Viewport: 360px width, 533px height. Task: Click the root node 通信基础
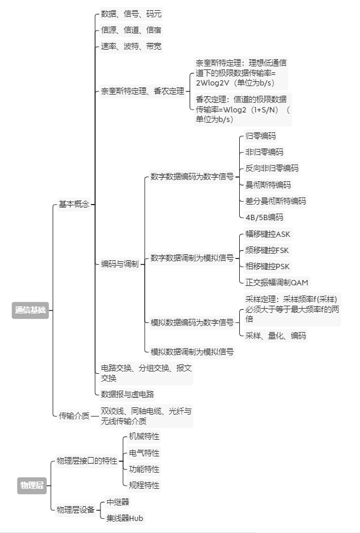pyautogui.click(x=30, y=310)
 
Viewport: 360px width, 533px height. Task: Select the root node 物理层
pyautogui.click(x=32, y=485)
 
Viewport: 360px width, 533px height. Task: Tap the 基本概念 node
pyautogui.click(x=74, y=204)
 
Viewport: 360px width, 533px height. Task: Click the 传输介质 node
pyautogui.click(x=74, y=416)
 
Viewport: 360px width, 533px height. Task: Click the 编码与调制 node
pyautogui.click(x=120, y=264)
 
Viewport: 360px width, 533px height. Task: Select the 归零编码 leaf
pyautogui.click(x=261, y=136)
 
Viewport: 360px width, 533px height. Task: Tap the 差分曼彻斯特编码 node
pyautogui.click(x=276, y=200)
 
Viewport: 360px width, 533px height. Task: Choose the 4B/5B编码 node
pyautogui.click(x=264, y=217)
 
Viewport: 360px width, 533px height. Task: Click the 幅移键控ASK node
pyautogui.click(x=267, y=234)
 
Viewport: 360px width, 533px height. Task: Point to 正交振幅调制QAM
pyautogui.click(x=277, y=282)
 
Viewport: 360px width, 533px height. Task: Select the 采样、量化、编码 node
pyautogui.click(x=276, y=336)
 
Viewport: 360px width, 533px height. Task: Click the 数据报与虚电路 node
pyautogui.click(x=127, y=394)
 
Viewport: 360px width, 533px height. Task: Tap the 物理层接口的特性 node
pyautogui.click(x=87, y=461)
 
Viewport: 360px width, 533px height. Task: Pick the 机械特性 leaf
pyautogui.click(x=144, y=437)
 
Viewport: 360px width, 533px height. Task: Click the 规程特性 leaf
pyautogui.click(x=144, y=485)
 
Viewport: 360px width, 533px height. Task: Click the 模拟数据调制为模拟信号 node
pyautogui.click(x=192, y=352)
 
